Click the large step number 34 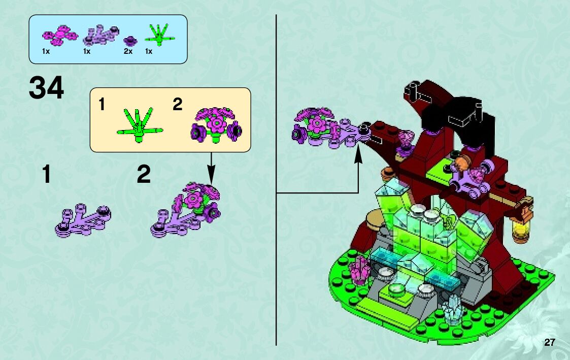(x=47, y=88)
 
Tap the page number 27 (x=550, y=342)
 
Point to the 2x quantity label (x=128, y=52)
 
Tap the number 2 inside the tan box (x=177, y=105)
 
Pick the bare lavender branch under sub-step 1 (x=83, y=220)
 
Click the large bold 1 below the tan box (x=47, y=175)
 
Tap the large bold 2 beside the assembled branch (x=144, y=175)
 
